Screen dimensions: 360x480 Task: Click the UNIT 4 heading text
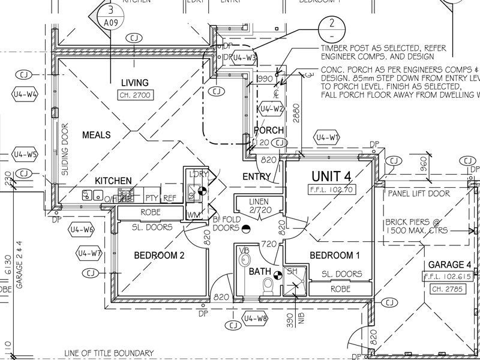(x=331, y=176)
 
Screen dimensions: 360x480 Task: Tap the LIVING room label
(x=134, y=82)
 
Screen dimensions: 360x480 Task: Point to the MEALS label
(x=96, y=135)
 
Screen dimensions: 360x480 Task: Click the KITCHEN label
(x=113, y=180)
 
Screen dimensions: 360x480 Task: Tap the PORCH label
(x=269, y=130)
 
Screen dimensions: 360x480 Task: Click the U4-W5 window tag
(x=25, y=154)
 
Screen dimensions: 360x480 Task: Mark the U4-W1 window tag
(x=328, y=137)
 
